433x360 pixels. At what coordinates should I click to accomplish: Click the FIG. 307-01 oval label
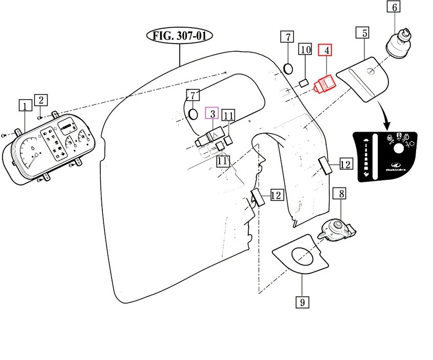[x=180, y=36]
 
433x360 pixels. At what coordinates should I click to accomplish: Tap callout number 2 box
[x=41, y=99]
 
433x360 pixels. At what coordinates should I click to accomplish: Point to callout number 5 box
[x=364, y=33]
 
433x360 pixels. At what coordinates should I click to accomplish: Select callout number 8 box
[x=340, y=194]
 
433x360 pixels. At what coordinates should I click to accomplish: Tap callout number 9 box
[x=302, y=302]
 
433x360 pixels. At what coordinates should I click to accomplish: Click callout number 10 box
[x=306, y=50]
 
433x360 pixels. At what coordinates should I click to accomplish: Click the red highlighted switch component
[x=324, y=84]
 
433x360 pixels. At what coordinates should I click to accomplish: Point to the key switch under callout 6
[x=397, y=45]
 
